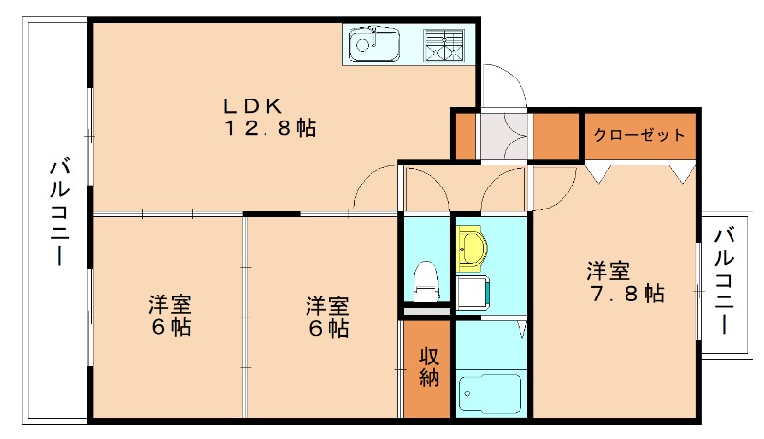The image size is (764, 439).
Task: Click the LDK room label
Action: click(254, 105)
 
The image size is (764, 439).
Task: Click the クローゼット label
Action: click(639, 135)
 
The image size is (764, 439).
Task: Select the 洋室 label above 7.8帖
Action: click(607, 271)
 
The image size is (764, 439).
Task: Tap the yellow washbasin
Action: click(471, 249)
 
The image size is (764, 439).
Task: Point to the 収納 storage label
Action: click(428, 367)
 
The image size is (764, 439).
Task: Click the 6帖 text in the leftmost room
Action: click(169, 328)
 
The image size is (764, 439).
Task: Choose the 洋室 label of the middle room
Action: click(328, 306)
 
